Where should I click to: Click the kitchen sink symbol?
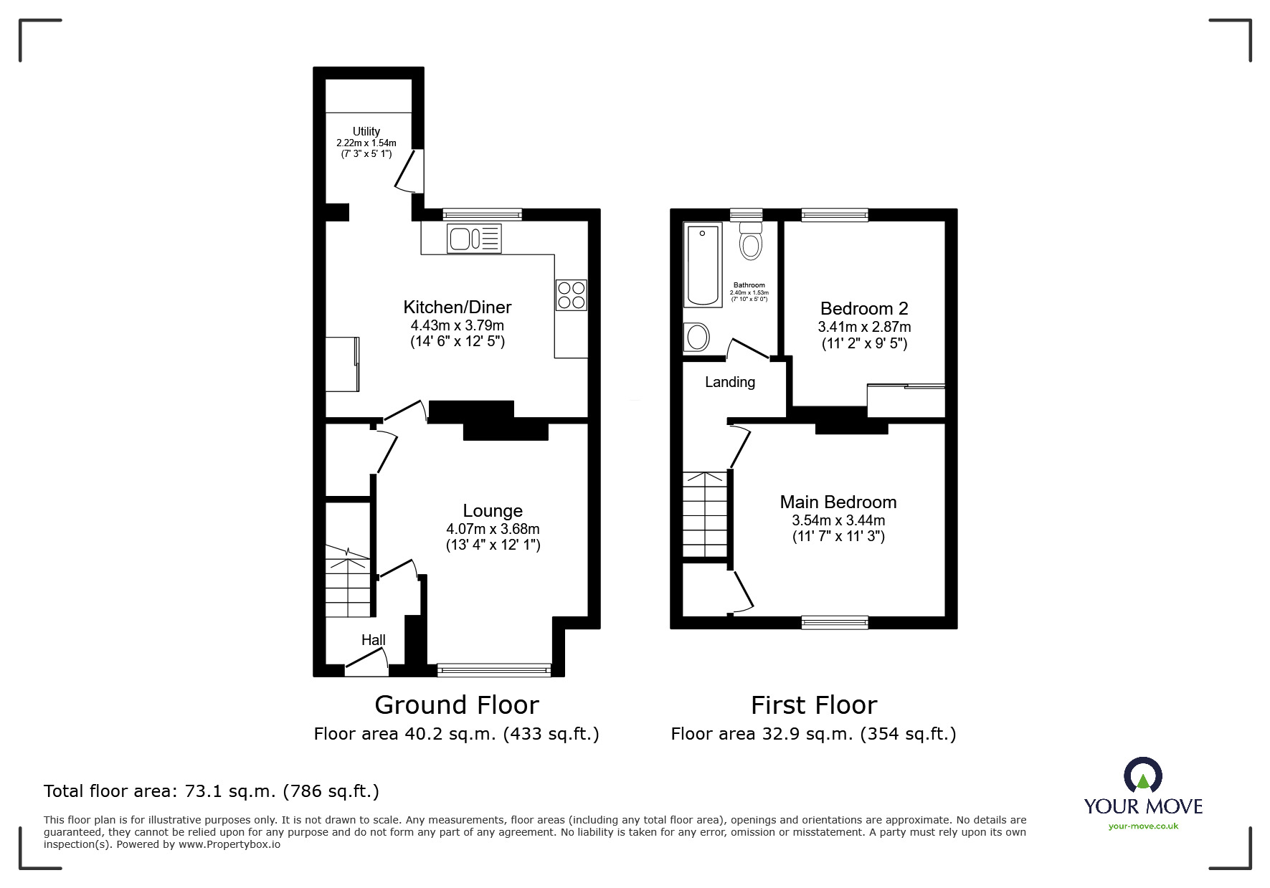(474, 239)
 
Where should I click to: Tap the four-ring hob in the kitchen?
(571, 295)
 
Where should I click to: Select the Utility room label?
(366, 131)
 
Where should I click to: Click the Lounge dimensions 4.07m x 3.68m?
(493, 529)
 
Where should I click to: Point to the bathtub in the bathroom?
(703, 264)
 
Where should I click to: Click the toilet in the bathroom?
(750, 240)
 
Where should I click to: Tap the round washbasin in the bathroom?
(697, 336)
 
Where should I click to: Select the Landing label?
(729, 382)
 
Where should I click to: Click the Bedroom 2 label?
(863, 309)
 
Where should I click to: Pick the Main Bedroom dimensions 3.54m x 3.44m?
(838, 520)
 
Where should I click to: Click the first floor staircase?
(706, 514)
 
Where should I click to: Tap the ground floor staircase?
(349, 581)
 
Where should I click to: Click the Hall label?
(373, 640)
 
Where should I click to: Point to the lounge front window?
(493, 671)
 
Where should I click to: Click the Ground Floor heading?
(456, 705)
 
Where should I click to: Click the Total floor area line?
(212, 791)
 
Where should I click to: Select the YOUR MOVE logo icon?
(1142, 777)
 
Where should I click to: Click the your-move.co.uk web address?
(1143, 826)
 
